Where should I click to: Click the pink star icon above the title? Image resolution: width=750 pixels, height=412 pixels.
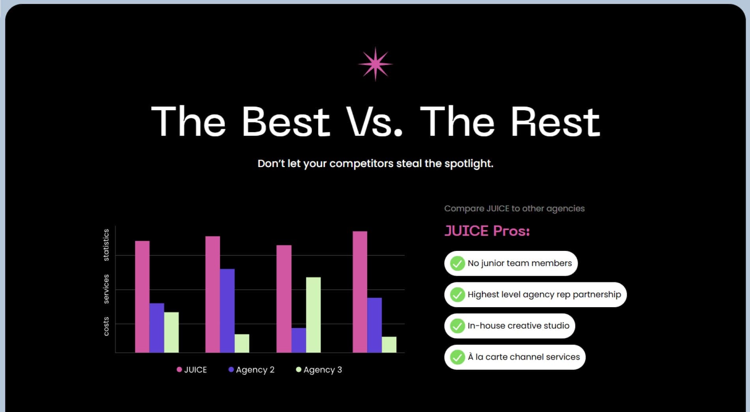[375, 64]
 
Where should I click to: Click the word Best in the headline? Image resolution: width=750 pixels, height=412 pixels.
[285, 122]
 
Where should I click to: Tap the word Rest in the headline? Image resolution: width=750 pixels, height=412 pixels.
[555, 122]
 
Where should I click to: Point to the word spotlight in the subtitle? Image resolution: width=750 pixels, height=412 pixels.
[469, 164]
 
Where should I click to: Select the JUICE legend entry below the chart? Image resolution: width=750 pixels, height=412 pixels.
[192, 369]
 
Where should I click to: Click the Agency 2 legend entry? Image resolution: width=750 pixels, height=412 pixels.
[252, 369]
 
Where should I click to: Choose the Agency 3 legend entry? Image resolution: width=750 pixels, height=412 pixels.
[319, 369]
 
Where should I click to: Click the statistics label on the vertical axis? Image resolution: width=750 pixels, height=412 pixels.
[106, 245]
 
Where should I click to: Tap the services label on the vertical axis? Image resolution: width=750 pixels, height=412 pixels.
[106, 289]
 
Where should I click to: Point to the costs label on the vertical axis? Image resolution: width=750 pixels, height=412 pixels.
[106, 326]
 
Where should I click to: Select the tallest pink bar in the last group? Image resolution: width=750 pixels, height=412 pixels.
[360, 292]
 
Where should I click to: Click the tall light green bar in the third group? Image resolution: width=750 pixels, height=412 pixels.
[313, 315]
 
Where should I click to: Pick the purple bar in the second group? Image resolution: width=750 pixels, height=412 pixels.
[227, 311]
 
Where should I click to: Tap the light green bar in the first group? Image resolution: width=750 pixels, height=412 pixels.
[172, 332]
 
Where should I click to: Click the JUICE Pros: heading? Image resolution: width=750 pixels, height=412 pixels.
[487, 231]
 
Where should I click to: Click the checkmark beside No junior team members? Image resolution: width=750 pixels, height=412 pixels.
[457, 263]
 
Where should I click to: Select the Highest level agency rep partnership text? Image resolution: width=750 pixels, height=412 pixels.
[544, 295]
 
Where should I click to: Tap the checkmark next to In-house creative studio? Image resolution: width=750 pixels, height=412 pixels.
[457, 326]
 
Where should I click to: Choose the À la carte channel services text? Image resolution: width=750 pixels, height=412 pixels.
[524, 357]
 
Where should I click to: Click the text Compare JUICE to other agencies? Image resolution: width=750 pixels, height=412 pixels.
[515, 209]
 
